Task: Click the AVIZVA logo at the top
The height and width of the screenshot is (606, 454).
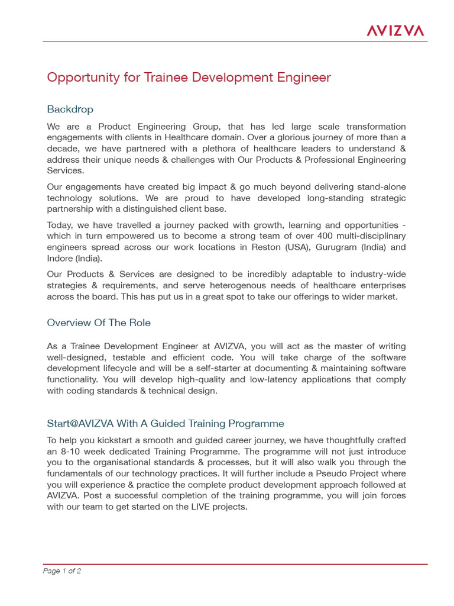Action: click(395, 30)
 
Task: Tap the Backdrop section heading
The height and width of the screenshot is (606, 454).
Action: click(70, 109)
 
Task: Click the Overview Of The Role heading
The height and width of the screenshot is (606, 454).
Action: click(99, 323)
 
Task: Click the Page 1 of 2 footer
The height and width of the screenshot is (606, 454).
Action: click(62, 571)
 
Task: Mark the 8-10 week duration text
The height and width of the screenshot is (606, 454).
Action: click(79, 452)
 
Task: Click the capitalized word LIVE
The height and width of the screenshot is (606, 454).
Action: click(195, 507)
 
